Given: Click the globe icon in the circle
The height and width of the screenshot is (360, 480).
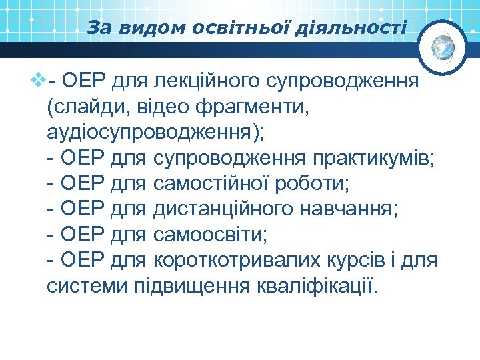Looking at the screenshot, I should click(x=443, y=47).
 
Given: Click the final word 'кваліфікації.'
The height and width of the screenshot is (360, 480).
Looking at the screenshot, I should click(x=316, y=286).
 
